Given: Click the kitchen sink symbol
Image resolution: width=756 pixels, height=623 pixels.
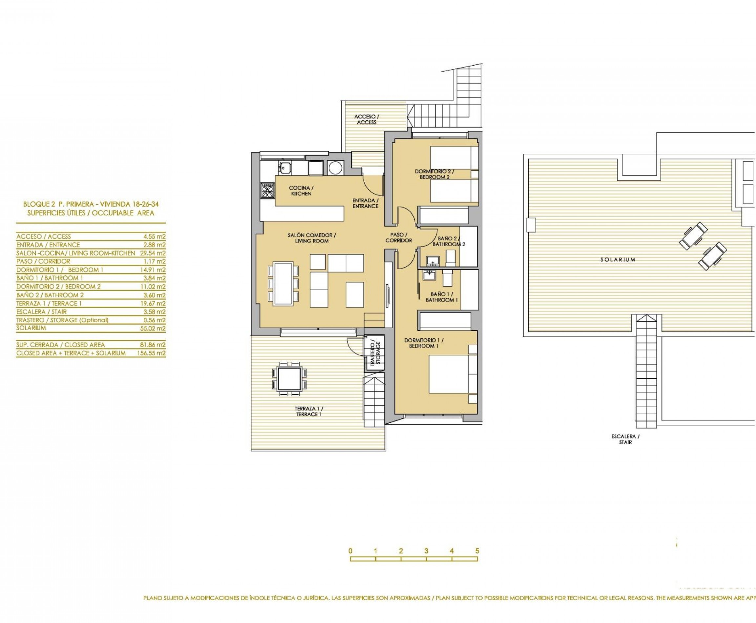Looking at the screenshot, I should click(285, 167).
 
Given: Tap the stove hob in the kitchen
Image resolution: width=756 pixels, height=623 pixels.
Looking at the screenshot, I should click(267, 191).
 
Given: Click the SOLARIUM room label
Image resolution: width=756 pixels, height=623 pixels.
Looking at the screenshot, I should click(618, 259).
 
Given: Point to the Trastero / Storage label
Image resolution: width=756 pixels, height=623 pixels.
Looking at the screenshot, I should click(375, 353).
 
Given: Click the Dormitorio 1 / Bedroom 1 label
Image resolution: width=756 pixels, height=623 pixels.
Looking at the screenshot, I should click(424, 343).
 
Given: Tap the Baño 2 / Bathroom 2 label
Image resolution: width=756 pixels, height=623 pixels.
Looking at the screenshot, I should click(449, 241).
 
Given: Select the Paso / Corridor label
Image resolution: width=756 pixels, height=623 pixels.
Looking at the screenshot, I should click(399, 238).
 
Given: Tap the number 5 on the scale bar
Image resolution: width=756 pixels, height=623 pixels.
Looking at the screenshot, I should click(477, 551).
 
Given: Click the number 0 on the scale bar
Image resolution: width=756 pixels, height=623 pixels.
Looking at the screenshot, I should click(350, 551).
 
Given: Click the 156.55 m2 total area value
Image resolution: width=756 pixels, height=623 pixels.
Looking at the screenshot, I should click(151, 353).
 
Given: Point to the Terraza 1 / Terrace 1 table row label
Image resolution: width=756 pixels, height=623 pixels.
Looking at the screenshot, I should click(49, 304).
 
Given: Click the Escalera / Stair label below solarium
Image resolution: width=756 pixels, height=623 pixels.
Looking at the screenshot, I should click(625, 439).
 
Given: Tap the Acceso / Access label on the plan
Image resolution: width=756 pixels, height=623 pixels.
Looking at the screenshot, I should click(366, 119).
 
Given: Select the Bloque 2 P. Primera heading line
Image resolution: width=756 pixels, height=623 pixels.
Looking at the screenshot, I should click(91, 204).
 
